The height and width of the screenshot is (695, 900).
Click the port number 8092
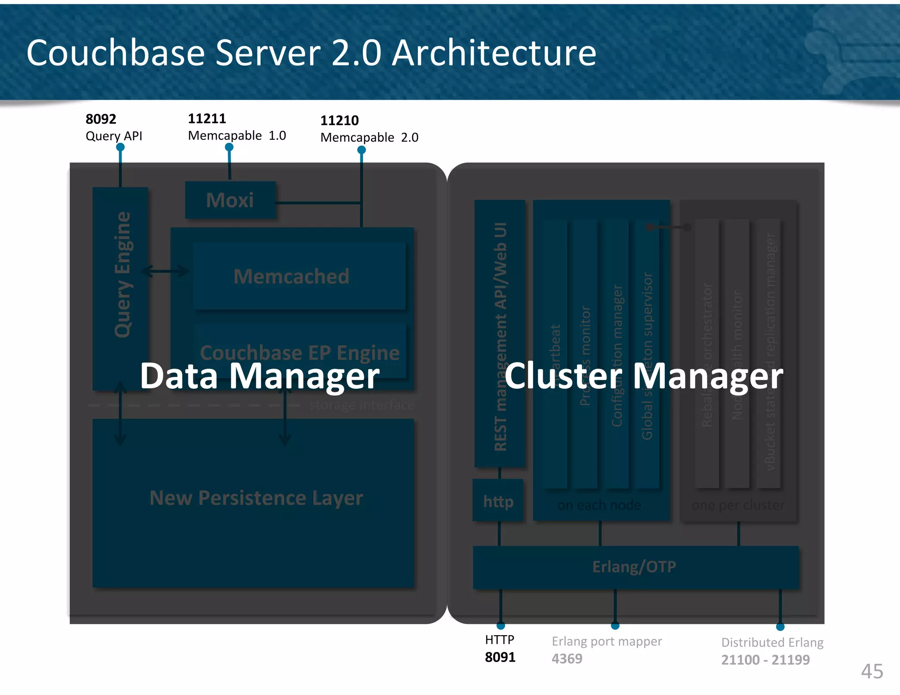click(x=101, y=119)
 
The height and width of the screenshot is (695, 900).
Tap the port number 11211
click(x=207, y=119)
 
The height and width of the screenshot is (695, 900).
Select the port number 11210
click(x=339, y=120)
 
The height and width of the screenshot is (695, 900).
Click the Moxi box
click(x=230, y=200)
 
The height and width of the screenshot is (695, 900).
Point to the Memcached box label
click(x=291, y=277)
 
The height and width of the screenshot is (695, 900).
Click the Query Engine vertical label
click(x=123, y=275)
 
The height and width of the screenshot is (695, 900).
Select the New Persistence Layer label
click(x=256, y=498)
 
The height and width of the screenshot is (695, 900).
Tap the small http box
click(x=498, y=501)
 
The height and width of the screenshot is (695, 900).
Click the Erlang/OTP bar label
click(x=634, y=567)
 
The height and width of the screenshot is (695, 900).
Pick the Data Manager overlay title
click(x=260, y=376)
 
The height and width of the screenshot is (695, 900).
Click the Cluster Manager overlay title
click(x=644, y=376)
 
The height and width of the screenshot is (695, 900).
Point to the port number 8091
click(x=500, y=657)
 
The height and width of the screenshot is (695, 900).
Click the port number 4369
click(x=567, y=659)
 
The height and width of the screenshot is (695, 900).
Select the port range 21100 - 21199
click(x=765, y=660)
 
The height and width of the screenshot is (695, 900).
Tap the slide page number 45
click(x=872, y=671)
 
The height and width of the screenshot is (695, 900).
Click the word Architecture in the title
click(x=494, y=53)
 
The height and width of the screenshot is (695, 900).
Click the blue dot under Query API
click(x=120, y=148)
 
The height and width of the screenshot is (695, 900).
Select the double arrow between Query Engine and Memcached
click(x=166, y=271)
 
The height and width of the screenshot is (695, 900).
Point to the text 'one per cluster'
click(x=738, y=505)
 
